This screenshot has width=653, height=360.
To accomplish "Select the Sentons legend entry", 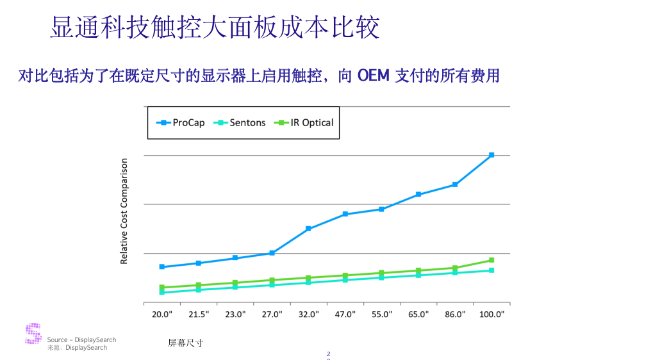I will click(x=240, y=122).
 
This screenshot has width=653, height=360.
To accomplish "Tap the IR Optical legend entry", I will click(x=304, y=122).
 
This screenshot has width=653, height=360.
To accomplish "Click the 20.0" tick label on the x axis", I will click(x=162, y=315).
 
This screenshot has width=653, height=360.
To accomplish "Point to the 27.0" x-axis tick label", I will click(x=272, y=315).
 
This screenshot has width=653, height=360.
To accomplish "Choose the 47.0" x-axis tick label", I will click(x=345, y=315).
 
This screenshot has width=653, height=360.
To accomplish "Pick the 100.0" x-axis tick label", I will click(x=492, y=315).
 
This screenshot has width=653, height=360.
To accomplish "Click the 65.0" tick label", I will click(x=418, y=315).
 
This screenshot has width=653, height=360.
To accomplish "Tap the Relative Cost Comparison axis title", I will click(x=124, y=211).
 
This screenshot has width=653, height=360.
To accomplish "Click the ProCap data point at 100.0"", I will click(x=492, y=155).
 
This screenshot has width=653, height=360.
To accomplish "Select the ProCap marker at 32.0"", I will click(x=308, y=229).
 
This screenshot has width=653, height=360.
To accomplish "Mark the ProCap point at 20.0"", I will click(x=162, y=266).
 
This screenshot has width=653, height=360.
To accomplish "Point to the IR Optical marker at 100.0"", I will click(x=492, y=260).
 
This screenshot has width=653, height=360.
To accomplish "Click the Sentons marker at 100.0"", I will click(x=492, y=270).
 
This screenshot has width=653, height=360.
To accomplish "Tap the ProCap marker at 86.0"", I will click(x=455, y=184).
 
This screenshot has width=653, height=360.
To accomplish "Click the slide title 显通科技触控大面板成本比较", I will click(x=215, y=28).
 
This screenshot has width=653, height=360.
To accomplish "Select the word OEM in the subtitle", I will click(x=373, y=76).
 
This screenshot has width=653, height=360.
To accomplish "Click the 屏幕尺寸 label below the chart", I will click(x=185, y=343).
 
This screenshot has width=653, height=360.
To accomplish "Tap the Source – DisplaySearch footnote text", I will click(x=81, y=340).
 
